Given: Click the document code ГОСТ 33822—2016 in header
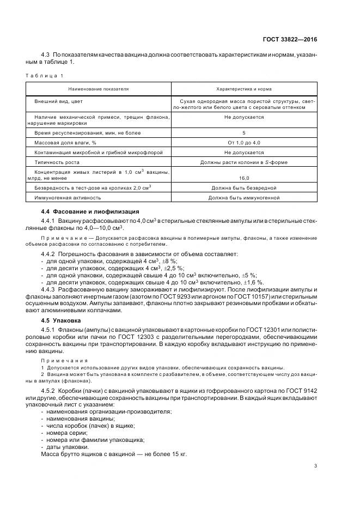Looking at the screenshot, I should point(289,39).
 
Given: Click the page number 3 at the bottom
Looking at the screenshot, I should point(315,465).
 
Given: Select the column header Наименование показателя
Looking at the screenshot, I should point(99,88).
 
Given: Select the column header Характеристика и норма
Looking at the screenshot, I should point(244,88).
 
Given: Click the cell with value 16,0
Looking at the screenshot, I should point(244,178).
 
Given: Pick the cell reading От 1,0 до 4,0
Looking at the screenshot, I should point(244,142).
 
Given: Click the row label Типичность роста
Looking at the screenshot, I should point(57,162).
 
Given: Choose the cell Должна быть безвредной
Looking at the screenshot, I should point(244,188).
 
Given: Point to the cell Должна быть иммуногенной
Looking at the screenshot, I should point(244,198).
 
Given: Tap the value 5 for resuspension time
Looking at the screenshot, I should point(244,132).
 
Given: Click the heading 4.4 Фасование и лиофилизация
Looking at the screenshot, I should point(83,211).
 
